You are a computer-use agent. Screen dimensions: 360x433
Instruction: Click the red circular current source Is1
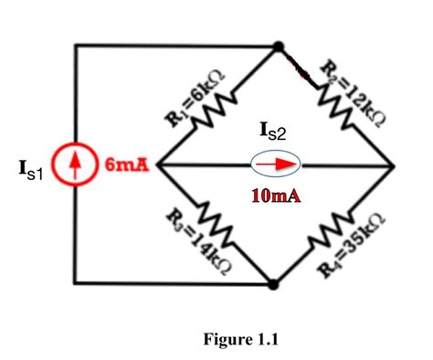(76, 167)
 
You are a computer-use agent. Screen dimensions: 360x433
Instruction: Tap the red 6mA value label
(121, 165)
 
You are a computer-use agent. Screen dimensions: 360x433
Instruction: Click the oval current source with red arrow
(277, 165)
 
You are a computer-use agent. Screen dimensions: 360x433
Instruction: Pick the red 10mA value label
(278, 195)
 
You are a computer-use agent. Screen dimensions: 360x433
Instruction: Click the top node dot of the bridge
(277, 45)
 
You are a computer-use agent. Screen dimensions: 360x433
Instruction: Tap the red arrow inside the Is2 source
(277, 165)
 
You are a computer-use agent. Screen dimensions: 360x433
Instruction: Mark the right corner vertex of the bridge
(392, 165)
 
